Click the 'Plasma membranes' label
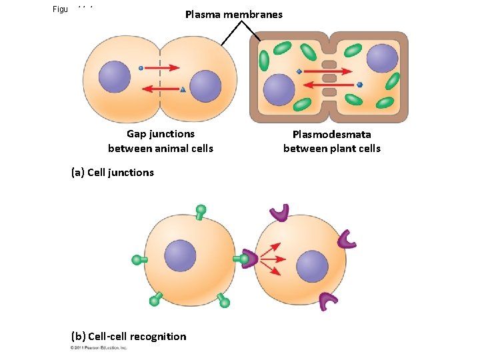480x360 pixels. point(233,14)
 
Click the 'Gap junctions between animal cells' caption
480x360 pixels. point(161,141)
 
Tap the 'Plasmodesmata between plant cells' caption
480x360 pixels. point(331,141)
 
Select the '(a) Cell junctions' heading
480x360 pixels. point(112,173)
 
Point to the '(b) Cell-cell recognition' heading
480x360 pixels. point(129,337)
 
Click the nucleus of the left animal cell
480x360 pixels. point(114,77)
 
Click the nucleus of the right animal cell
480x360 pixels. point(205,87)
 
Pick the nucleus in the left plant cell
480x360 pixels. point(279,89)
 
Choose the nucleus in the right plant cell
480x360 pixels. point(382,58)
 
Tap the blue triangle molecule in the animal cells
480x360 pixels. point(183,89)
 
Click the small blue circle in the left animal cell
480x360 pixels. point(141,68)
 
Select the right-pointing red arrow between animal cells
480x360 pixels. point(164,67)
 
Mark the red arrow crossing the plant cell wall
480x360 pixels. point(328,84)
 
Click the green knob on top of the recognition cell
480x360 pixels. point(201,211)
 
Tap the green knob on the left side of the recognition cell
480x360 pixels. point(137,259)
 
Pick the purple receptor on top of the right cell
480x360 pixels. point(279,213)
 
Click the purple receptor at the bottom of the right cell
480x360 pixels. point(328,301)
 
